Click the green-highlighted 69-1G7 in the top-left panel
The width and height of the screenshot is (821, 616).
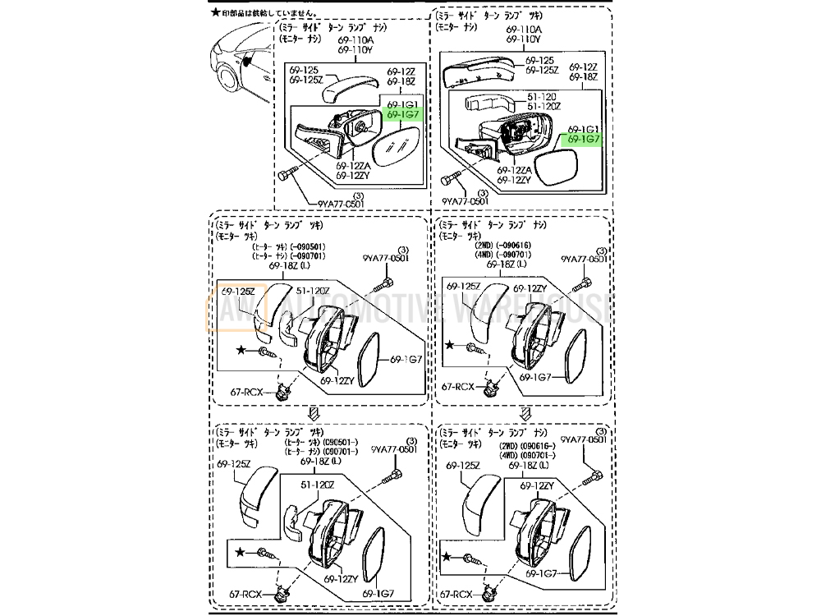(x=403, y=117)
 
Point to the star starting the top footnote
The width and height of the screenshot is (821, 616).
(x=215, y=12)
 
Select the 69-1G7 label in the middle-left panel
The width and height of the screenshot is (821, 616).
(x=405, y=359)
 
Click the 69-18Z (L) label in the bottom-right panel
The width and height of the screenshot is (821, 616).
(x=527, y=467)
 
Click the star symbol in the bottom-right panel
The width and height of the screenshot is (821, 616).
(x=447, y=556)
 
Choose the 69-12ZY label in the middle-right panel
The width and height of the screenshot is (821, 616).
(x=531, y=288)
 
